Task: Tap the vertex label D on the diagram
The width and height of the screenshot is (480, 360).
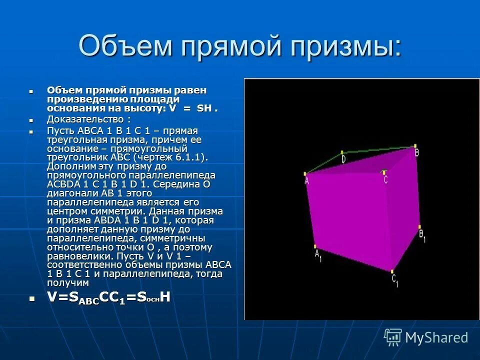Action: coord(343,159)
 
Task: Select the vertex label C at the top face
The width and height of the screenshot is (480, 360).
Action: coord(384,178)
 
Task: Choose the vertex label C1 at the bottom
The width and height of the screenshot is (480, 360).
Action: coord(394,280)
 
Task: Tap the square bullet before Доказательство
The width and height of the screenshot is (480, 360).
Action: coord(31,120)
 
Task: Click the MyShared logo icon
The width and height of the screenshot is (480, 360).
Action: coord(393,337)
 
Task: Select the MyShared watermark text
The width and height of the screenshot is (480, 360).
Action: coord(436,338)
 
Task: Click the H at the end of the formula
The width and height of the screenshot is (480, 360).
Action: coord(165,297)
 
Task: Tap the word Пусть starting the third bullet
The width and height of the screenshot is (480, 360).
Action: coord(59,130)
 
